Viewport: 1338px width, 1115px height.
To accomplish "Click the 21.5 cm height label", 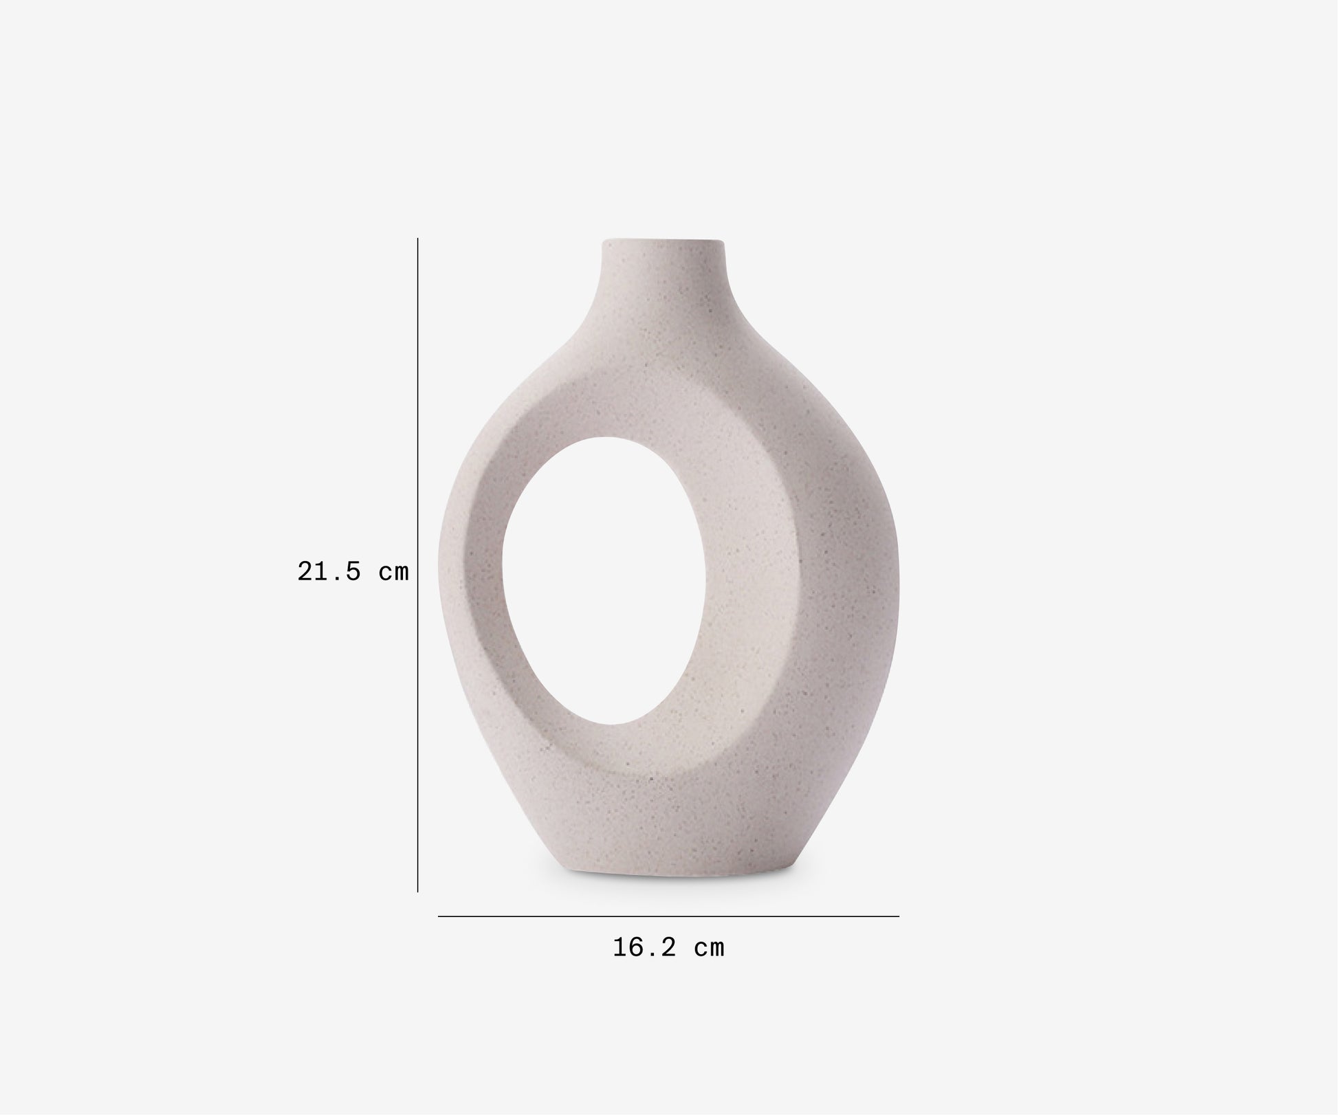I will tap(353, 571).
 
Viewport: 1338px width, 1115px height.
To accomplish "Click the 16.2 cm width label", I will tap(668, 948).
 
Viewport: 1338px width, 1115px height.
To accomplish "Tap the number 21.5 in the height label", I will tap(329, 571).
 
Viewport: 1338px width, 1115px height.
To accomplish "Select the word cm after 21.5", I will tap(394, 572).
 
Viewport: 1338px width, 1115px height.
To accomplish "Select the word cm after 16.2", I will tap(710, 949).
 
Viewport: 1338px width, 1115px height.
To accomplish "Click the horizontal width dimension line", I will tap(668, 916).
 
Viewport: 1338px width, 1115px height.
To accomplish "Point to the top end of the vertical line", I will tap(418, 239).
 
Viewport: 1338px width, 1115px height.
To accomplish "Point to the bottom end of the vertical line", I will tap(418, 892).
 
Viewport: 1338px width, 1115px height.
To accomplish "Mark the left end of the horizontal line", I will tap(439, 916).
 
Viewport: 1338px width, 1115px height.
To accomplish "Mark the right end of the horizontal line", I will tap(898, 916).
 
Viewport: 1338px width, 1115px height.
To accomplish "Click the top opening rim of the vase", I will tap(663, 241).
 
